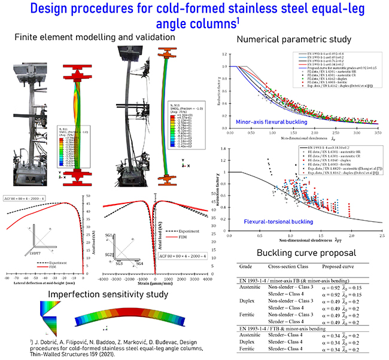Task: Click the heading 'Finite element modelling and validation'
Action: pos(94,37)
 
